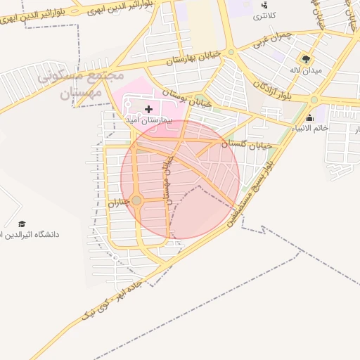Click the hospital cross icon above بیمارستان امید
click(148, 109)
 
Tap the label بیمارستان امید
click(148, 120)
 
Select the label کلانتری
click(264, 15)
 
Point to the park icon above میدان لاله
click(305, 58)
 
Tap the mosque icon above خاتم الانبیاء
click(310, 117)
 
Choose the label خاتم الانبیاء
click(310, 128)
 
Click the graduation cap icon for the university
click(22, 223)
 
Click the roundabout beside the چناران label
click(137, 201)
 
